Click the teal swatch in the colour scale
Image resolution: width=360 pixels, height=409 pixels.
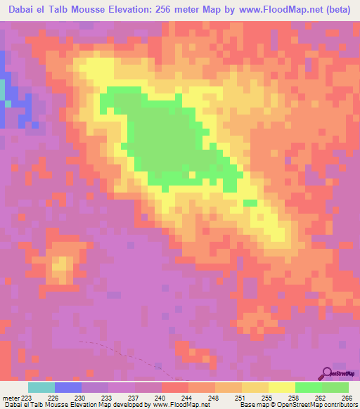(x=41, y=387)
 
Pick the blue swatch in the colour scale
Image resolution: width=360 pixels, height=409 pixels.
(x=68, y=387)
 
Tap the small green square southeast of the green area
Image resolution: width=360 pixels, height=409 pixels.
(x=250, y=203)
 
